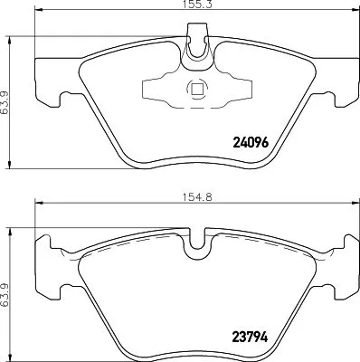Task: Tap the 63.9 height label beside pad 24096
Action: pos(8,92)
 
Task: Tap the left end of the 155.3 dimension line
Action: pos(34,14)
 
